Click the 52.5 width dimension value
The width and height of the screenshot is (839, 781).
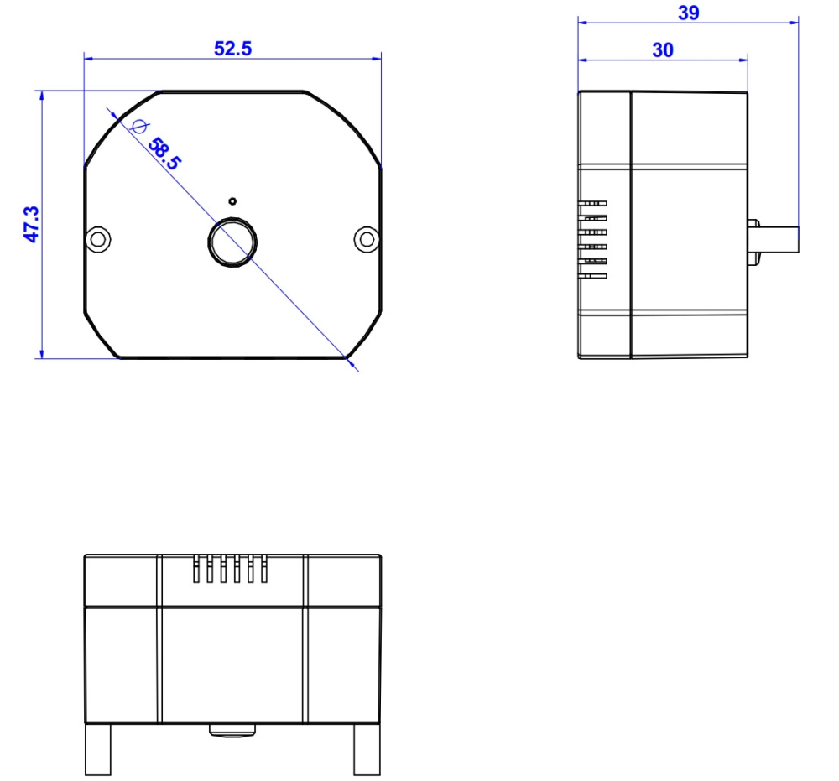[232, 49]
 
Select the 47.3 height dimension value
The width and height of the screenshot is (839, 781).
[32, 225]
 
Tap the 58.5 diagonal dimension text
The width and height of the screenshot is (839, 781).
[164, 154]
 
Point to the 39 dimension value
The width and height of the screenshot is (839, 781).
[688, 13]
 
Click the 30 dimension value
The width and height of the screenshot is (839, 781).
[663, 50]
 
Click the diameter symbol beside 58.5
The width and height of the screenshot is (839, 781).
[139, 127]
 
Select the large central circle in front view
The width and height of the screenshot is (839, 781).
[232, 242]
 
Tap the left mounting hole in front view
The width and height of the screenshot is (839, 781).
[99, 239]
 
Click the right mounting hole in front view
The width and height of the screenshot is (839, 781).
[366, 239]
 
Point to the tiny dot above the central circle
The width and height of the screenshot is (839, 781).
[232, 200]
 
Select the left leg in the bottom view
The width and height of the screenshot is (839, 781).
[98, 748]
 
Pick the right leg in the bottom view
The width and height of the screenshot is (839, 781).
[367, 748]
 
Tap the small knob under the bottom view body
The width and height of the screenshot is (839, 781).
[232, 730]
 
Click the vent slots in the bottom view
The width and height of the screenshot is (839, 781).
[229, 569]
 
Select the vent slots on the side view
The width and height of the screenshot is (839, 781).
[595, 238]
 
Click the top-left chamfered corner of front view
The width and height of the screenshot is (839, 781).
[122, 128]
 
